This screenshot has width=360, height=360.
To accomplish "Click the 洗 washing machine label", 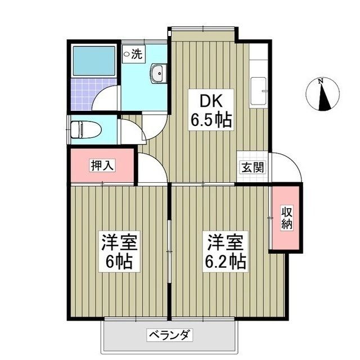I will pyautogui.click(x=134, y=55).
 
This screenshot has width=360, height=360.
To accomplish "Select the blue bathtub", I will pyautogui.click(x=93, y=61).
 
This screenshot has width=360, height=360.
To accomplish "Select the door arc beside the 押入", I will pyautogui.click(x=150, y=169).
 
